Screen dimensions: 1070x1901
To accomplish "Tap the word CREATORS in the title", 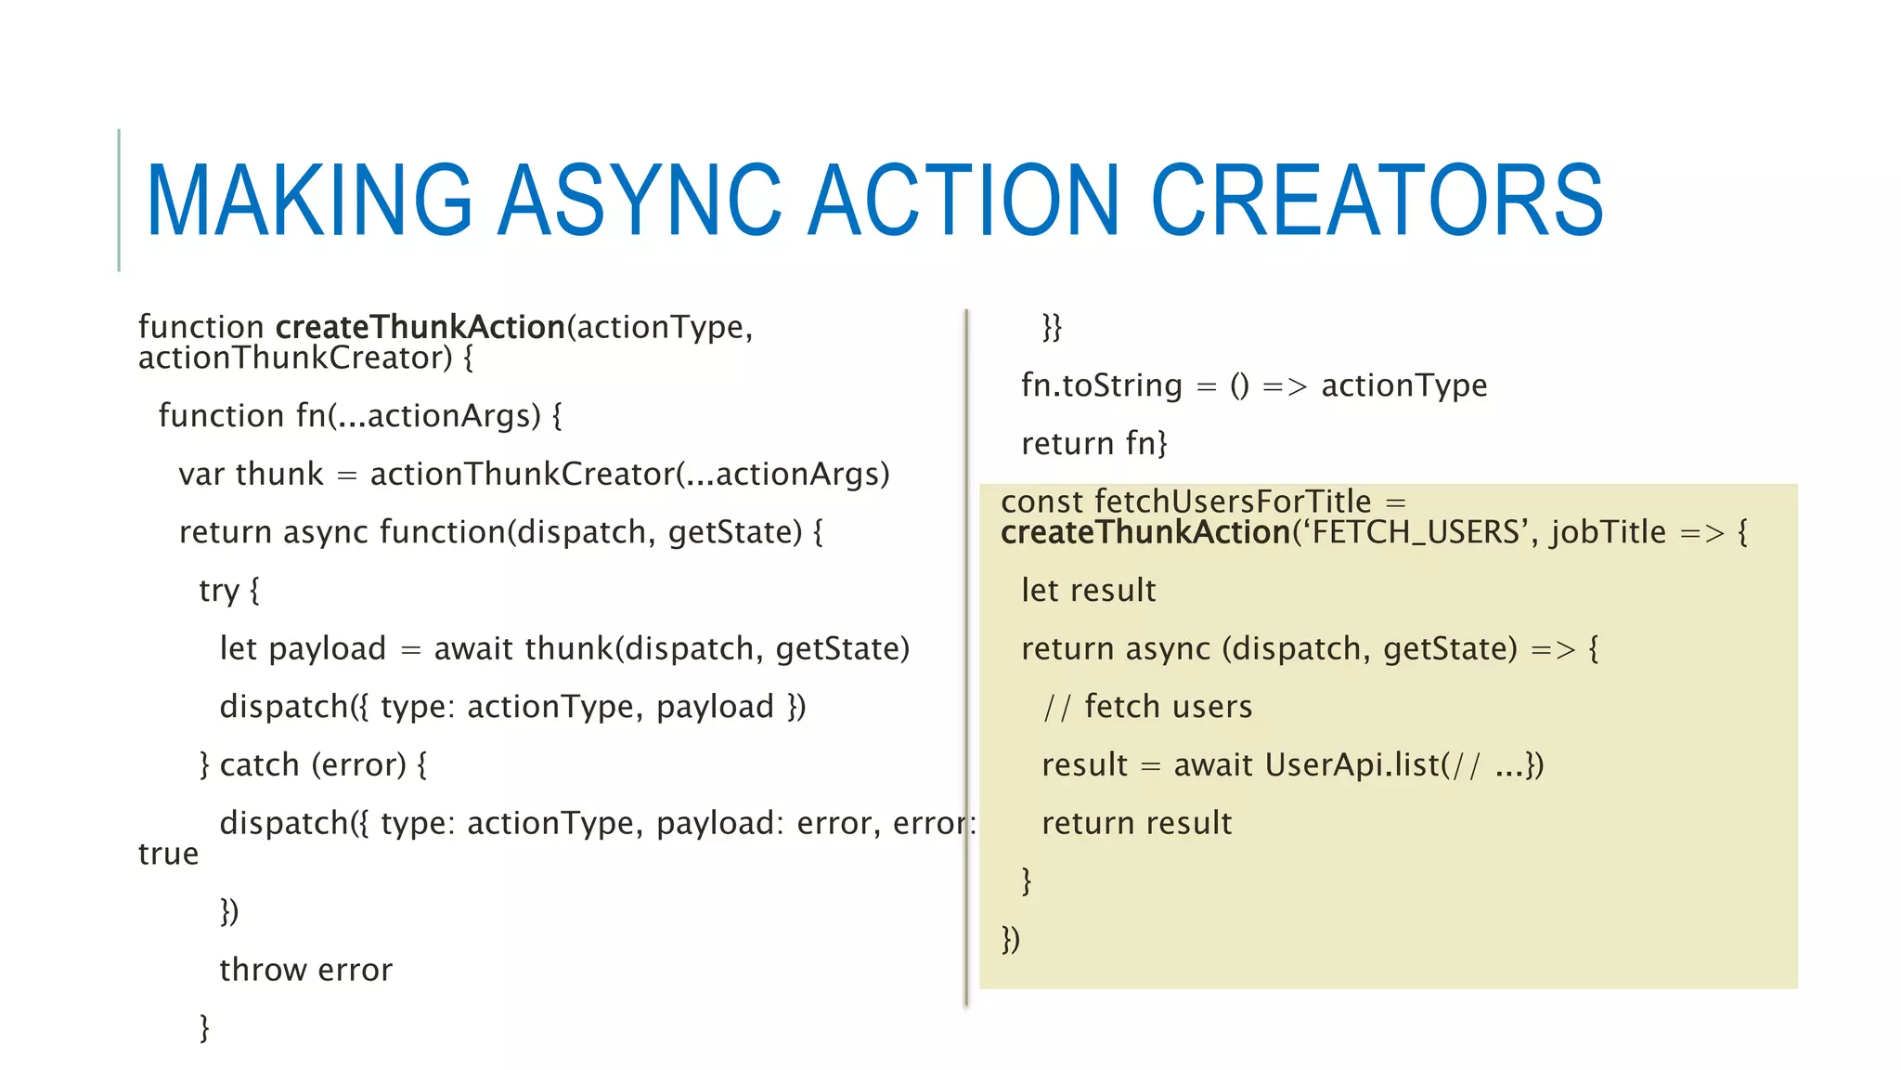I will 1377,201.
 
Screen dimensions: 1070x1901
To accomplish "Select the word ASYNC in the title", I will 640,201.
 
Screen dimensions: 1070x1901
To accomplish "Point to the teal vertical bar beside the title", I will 119,200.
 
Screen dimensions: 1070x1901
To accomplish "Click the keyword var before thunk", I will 200,475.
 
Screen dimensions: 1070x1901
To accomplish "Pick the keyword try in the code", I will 219,591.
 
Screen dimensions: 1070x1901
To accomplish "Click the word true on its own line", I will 168,854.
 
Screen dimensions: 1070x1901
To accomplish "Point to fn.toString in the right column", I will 1101,385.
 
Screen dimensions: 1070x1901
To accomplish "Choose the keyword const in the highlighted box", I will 1041,502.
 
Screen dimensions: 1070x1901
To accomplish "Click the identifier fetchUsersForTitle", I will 1233,502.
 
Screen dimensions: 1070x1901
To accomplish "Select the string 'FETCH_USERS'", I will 1416,533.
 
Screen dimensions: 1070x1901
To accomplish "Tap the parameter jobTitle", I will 1609,533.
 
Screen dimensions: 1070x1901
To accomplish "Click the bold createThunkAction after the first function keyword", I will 420,328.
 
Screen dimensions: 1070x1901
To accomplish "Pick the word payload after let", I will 327,649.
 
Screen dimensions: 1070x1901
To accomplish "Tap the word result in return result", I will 1189,824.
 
